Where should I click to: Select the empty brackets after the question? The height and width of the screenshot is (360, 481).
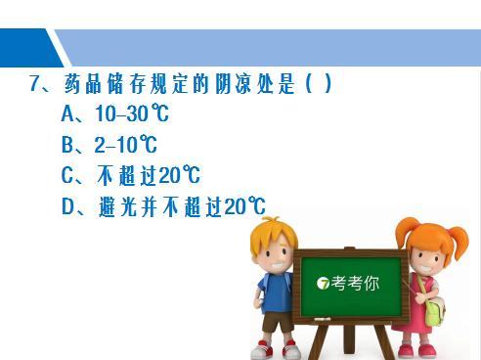[320, 84]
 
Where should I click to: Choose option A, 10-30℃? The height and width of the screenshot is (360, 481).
[115, 114]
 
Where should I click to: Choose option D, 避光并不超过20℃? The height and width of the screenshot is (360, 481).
[162, 207]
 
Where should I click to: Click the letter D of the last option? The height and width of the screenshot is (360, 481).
[68, 207]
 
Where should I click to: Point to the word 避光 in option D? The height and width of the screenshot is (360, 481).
[116, 207]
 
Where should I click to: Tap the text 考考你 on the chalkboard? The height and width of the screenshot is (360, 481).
[355, 285]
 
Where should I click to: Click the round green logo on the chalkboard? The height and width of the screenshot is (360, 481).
[324, 285]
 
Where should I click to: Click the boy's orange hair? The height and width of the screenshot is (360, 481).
[272, 230]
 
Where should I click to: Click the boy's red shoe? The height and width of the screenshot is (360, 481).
[261, 349]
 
